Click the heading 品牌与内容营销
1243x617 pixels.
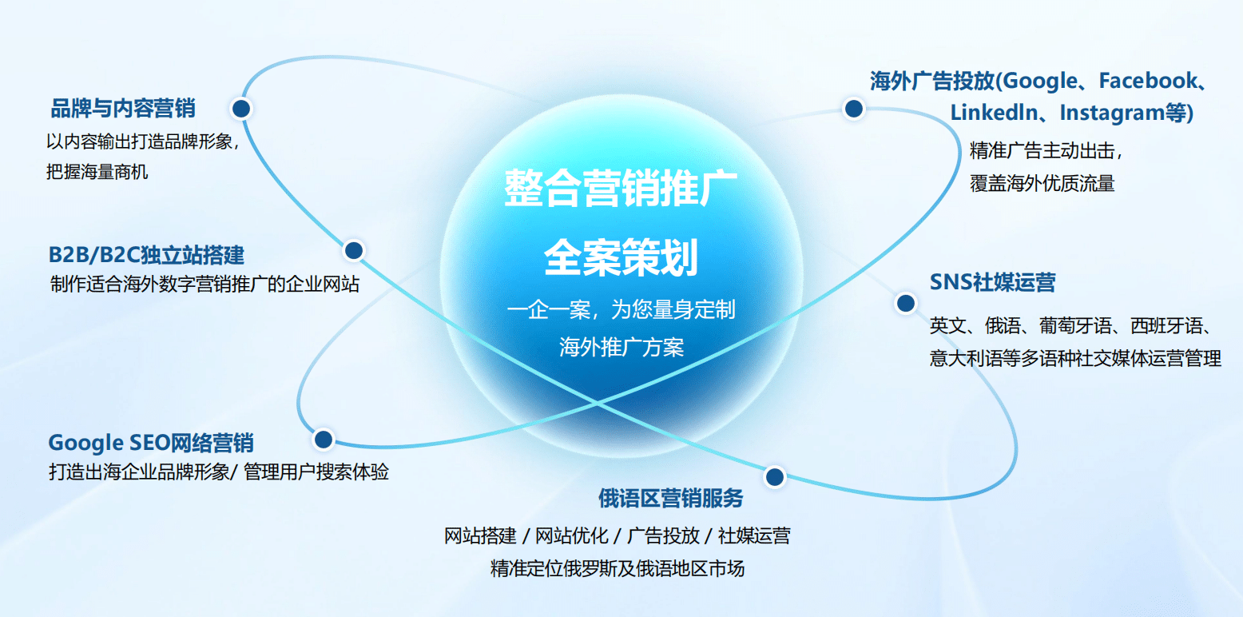(x=123, y=108)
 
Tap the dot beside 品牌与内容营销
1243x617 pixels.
(x=241, y=108)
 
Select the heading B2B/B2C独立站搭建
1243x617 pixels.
(x=146, y=255)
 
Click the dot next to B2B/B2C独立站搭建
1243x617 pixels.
(x=354, y=250)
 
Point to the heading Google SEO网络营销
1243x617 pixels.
(x=151, y=443)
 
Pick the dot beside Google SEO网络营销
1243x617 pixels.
(x=324, y=439)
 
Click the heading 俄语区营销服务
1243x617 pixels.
(x=670, y=498)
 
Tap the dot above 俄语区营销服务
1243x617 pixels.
(x=773, y=477)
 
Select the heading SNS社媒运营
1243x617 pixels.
(x=992, y=282)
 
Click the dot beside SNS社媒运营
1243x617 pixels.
(x=905, y=303)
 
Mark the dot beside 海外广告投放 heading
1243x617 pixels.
(x=853, y=109)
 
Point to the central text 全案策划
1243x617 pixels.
(x=621, y=257)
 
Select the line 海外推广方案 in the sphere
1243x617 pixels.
(x=621, y=347)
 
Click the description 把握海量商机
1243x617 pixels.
(x=97, y=171)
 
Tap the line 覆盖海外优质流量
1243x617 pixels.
(x=1042, y=182)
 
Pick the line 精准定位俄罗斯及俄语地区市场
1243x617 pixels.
(x=618, y=568)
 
